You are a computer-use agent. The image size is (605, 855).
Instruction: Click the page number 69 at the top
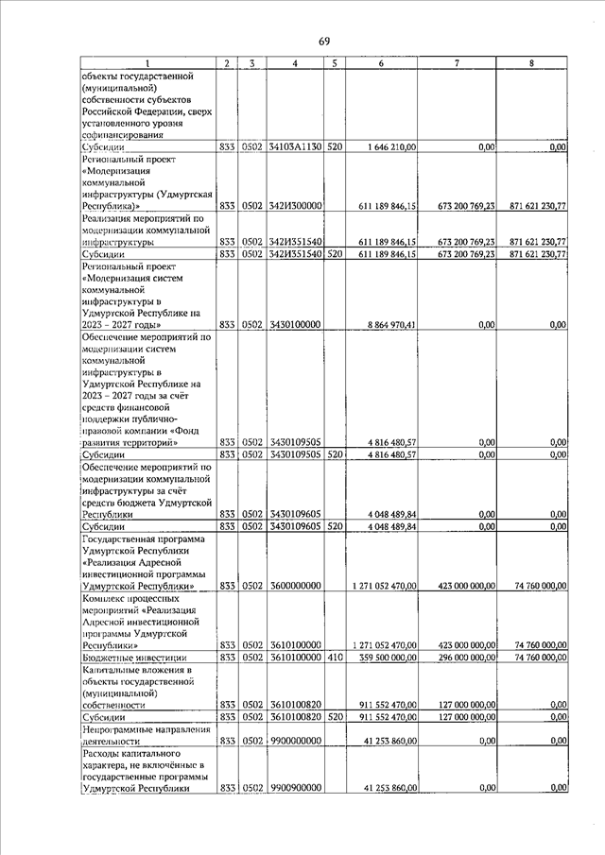[x=323, y=41]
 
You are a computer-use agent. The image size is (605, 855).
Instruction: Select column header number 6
[x=381, y=63]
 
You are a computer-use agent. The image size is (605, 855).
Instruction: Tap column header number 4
[x=296, y=63]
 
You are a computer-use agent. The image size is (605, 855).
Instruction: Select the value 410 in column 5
[x=334, y=658]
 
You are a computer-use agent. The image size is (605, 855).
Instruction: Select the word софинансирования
[x=124, y=134]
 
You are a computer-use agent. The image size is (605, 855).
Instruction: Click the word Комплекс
[x=106, y=598]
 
